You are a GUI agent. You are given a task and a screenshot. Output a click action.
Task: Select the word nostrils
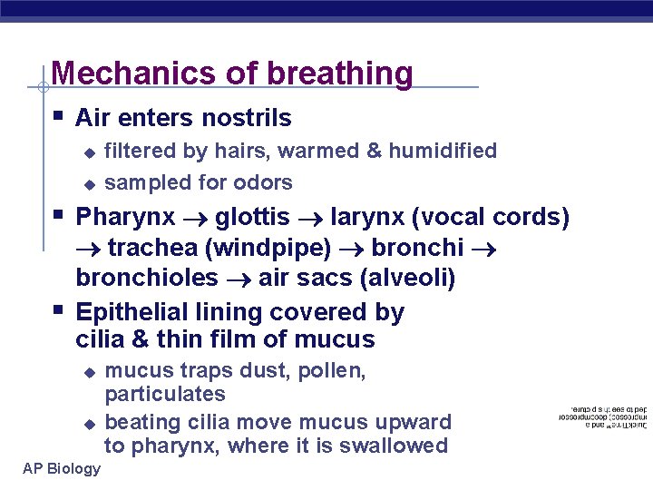(248, 118)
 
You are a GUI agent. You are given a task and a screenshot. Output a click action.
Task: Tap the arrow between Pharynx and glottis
(195, 219)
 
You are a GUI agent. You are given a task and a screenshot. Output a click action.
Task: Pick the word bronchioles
(147, 278)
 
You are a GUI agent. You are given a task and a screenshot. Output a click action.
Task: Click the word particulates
(165, 395)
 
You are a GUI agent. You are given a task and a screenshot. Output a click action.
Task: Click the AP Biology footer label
(62, 468)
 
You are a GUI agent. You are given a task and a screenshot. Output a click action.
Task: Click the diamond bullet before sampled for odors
(89, 183)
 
